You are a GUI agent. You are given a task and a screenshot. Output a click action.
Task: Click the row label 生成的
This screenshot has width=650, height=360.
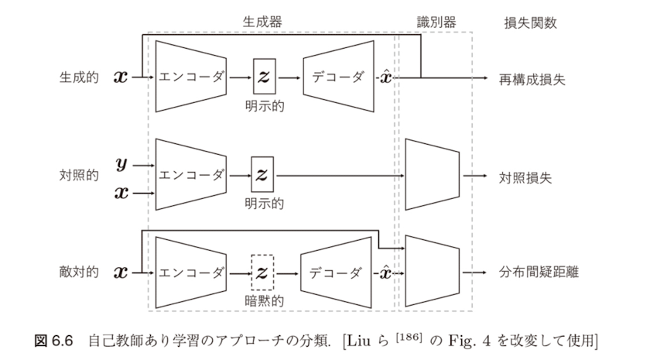tap(79, 78)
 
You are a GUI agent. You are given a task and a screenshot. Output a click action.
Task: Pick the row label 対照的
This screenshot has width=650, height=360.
tap(79, 176)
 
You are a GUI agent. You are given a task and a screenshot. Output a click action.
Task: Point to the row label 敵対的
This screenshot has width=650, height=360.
tap(79, 273)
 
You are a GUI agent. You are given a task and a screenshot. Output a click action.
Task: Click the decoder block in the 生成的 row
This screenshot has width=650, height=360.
tap(337, 77)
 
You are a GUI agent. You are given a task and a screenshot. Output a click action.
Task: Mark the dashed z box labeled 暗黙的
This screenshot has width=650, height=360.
tap(263, 272)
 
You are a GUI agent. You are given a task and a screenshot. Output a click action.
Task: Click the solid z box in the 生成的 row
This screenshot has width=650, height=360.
tap(263, 77)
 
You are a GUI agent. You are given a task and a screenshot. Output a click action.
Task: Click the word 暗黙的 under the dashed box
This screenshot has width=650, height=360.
tap(263, 301)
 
